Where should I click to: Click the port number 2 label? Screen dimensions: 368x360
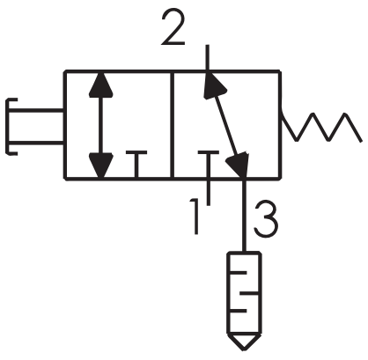point(173,27)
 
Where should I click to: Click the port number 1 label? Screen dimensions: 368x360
point(194,217)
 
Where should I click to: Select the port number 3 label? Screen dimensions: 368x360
point(265,219)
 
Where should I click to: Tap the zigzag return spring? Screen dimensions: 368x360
point(321,127)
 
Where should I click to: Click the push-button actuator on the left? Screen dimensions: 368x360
point(34,127)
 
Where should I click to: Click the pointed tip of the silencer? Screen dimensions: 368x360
point(244,349)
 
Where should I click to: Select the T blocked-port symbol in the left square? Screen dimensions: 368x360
point(136,165)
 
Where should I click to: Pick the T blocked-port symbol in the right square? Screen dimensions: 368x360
point(209,165)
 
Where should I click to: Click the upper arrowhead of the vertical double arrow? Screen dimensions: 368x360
point(101,84)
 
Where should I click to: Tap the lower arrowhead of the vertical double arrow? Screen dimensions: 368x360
point(101,165)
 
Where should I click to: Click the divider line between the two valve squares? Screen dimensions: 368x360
point(173,125)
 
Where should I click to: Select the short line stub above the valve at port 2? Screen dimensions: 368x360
point(208,58)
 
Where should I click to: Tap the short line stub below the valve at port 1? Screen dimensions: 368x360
point(209,191)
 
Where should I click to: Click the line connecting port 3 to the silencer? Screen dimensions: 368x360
point(244,215)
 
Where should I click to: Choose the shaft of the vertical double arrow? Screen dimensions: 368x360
point(101,125)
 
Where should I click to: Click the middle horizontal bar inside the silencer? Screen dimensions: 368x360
point(249,293)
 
